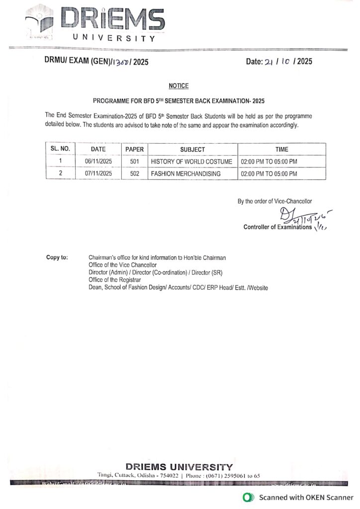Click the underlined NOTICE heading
(179, 86)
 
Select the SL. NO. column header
(61, 149)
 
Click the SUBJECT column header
(192, 149)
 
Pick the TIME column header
(281, 149)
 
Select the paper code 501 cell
(134, 162)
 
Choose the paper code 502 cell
(134, 174)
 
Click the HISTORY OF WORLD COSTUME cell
(191, 162)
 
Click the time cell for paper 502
(269, 174)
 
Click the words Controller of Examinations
(277, 227)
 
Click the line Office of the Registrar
(114, 280)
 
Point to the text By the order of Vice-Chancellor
(274, 201)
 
